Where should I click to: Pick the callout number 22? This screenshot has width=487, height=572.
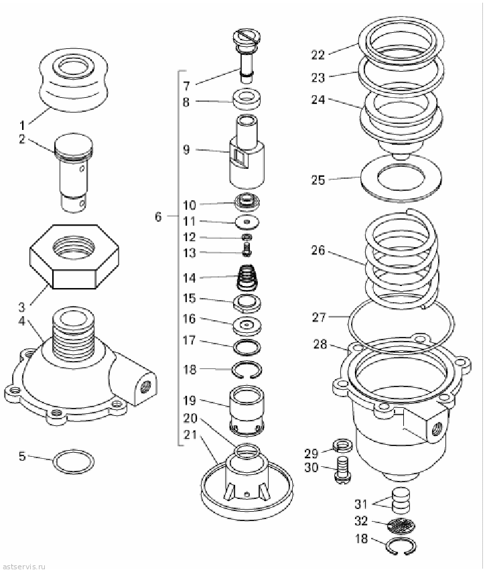[318, 55]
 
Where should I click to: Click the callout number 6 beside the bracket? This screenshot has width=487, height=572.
[157, 217]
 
